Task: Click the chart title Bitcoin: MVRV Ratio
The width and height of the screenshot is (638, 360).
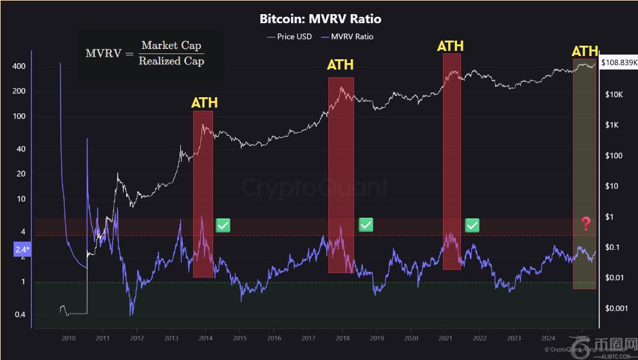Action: point(320,19)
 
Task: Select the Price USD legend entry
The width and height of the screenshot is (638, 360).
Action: point(289,37)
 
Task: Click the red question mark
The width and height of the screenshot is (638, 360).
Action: point(585,224)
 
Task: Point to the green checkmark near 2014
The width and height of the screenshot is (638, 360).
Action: point(223,225)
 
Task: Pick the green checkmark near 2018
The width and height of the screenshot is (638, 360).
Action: point(366,225)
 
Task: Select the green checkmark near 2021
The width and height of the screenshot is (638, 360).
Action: point(473,225)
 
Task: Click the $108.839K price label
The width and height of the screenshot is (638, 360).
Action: point(617,64)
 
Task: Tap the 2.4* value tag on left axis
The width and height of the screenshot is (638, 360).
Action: point(21,248)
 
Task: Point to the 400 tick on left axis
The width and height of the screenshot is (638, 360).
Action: point(18,66)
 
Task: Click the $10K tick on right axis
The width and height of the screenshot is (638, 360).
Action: point(614,95)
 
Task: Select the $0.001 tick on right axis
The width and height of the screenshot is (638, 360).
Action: point(616,308)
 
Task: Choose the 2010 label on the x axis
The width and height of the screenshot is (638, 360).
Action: point(68,337)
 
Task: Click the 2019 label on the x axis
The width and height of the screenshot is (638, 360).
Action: point(377,337)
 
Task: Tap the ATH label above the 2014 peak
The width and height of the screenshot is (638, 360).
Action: point(204,103)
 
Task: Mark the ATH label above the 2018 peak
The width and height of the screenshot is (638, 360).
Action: point(340,65)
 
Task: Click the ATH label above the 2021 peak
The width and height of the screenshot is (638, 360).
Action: point(450,46)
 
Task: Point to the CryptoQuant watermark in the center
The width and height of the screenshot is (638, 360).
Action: point(315,187)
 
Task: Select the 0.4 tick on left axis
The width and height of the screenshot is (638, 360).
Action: point(19,314)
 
